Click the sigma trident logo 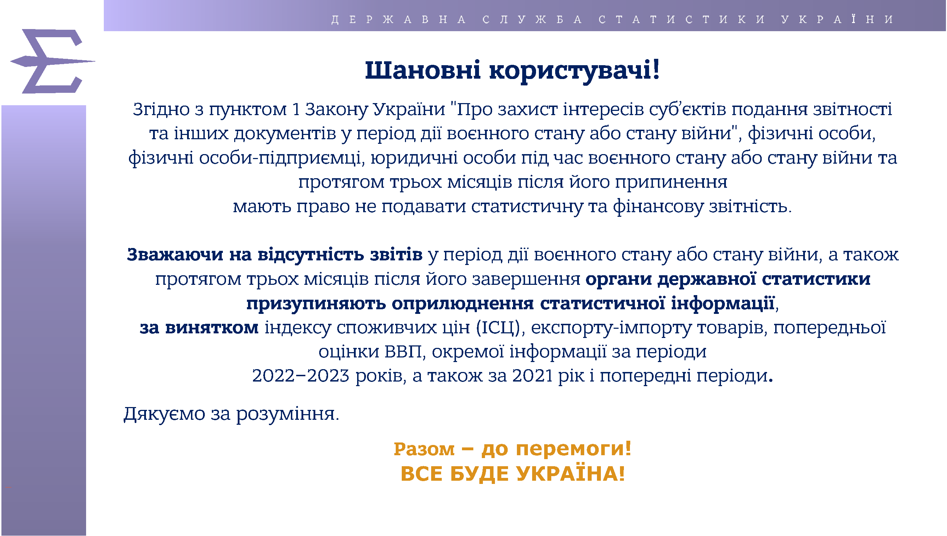click(51, 61)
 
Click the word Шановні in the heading click(423, 70)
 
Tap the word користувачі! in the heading click(575, 71)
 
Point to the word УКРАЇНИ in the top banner click(837, 19)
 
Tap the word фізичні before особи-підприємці click(161, 158)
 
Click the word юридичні click(414, 158)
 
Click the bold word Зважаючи click(175, 255)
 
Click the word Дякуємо click(164, 414)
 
